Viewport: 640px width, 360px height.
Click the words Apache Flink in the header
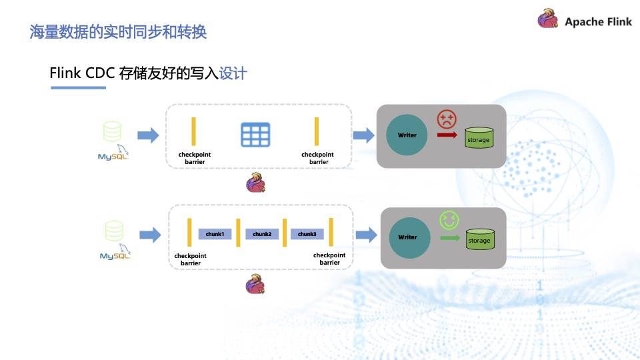(598, 21)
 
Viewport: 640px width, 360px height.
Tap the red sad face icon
(446, 119)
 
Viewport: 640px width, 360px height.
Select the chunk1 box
(215, 234)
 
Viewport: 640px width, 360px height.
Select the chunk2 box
(261, 234)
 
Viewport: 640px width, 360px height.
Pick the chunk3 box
(307, 234)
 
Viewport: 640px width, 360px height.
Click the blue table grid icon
(255, 135)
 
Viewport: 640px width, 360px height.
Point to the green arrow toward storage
(450, 237)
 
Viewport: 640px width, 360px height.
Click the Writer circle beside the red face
(407, 135)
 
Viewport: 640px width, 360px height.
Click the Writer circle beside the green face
(407, 237)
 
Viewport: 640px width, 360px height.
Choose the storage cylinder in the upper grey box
(479, 138)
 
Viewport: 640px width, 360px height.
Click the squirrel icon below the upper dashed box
(256, 183)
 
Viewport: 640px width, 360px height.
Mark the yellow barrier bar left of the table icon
(194, 131)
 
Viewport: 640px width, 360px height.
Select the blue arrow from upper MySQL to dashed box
(148, 136)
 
